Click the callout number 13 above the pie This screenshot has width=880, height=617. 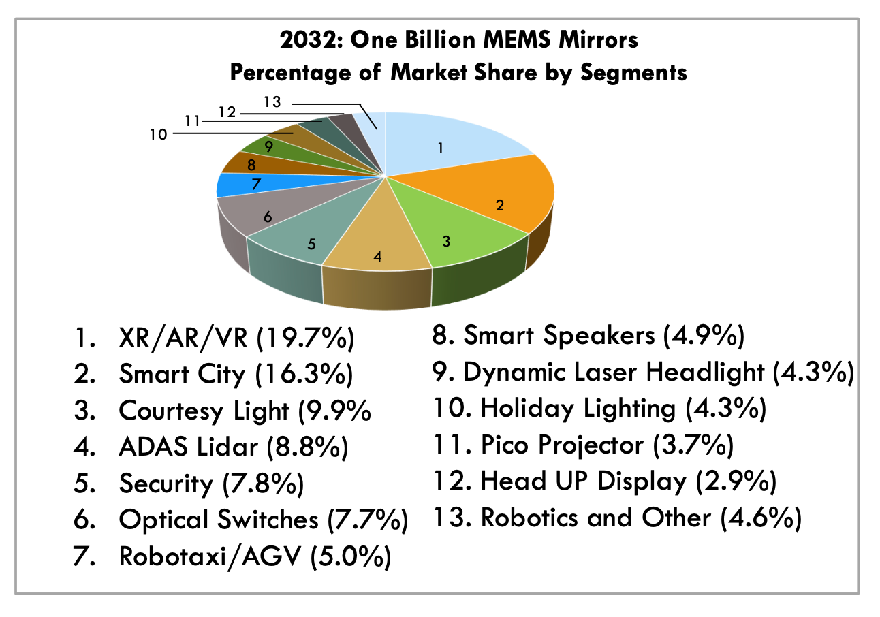[272, 103]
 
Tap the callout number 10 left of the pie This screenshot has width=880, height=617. [158, 134]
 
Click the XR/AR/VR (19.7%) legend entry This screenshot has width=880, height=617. [236, 339]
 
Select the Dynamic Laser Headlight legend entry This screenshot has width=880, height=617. [658, 372]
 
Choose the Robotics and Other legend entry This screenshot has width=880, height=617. [640, 518]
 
